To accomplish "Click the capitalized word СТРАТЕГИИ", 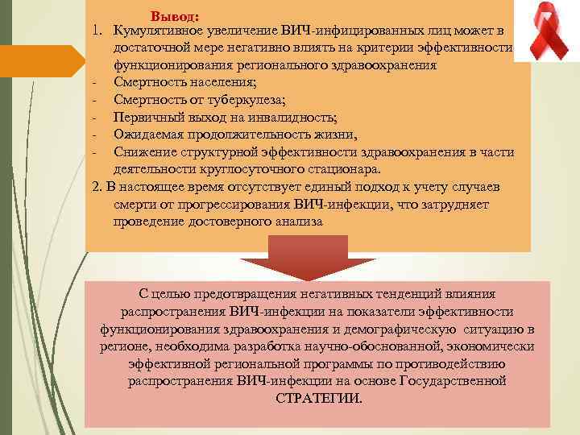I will coord(319,399).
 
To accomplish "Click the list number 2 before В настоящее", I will coord(96,187).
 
